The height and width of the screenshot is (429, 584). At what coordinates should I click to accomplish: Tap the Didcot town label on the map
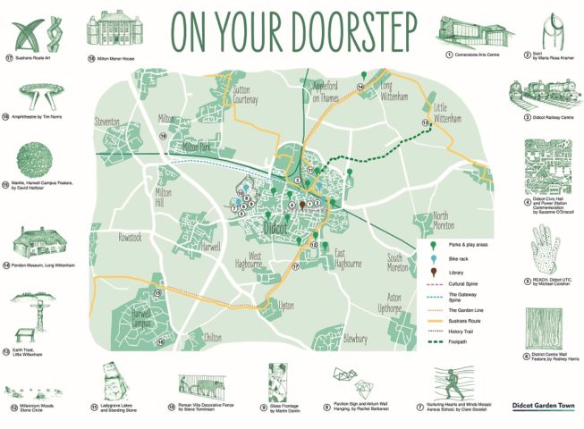[280, 228]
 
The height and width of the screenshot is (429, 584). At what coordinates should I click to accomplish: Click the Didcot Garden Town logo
[544, 404]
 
